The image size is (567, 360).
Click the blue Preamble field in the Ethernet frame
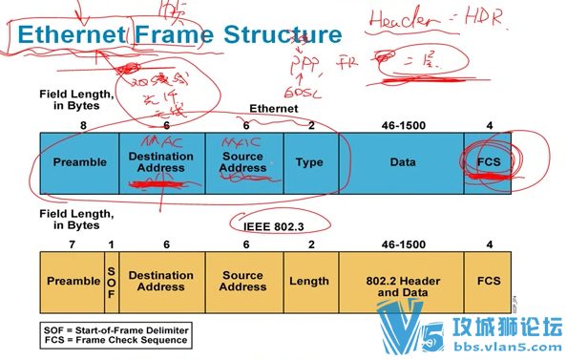click(x=80, y=162)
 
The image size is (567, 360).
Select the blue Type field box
click(x=309, y=162)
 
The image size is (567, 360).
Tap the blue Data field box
click(x=402, y=162)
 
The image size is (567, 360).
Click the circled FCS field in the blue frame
click(x=489, y=162)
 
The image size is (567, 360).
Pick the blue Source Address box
click(x=243, y=162)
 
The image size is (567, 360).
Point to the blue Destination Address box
click(x=160, y=162)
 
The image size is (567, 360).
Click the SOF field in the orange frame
click(x=110, y=282)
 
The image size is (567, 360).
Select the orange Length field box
click(x=309, y=282)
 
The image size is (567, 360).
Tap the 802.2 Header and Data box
click(x=402, y=282)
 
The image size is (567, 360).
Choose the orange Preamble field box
click(x=73, y=282)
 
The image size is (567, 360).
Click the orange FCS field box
click(x=489, y=282)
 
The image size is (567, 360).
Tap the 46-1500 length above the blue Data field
click(x=402, y=124)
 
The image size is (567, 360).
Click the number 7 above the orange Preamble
click(x=72, y=244)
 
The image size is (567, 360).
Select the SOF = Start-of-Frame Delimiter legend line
click(x=115, y=328)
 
